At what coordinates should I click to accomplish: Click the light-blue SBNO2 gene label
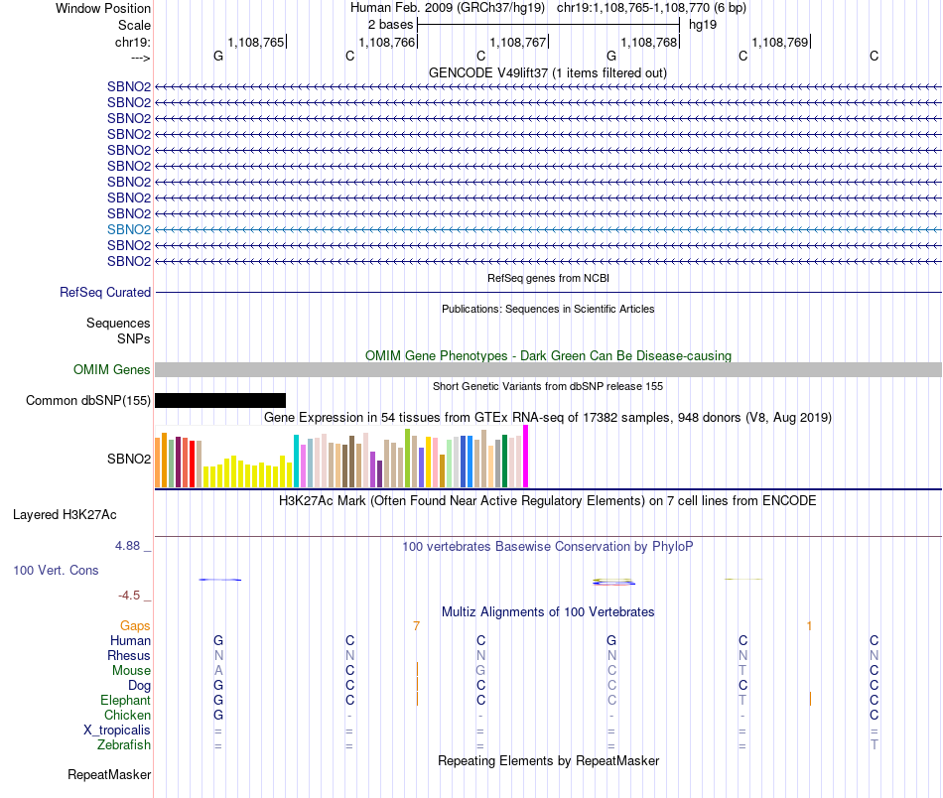(x=129, y=229)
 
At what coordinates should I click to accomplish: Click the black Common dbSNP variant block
(x=220, y=401)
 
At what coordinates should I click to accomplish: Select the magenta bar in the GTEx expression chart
(x=526, y=457)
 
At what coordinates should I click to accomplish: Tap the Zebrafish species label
(x=124, y=745)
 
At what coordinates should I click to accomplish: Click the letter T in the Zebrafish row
(x=874, y=745)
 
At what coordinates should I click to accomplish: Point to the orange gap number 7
(x=417, y=626)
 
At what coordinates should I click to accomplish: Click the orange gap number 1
(x=810, y=626)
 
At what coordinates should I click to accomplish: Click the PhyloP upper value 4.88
(x=132, y=546)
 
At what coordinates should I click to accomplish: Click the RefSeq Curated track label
(x=105, y=293)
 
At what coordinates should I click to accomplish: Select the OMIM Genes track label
(x=112, y=370)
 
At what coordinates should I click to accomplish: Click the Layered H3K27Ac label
(x=65, y=515)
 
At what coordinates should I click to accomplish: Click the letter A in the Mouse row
(x=218, y=671)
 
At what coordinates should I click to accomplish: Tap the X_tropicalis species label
(x=117, y=731)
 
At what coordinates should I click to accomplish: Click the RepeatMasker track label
(x=109, y=774)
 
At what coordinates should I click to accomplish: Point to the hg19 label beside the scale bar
(x=703, y=24)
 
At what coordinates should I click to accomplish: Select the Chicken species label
(x=127, y=716)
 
